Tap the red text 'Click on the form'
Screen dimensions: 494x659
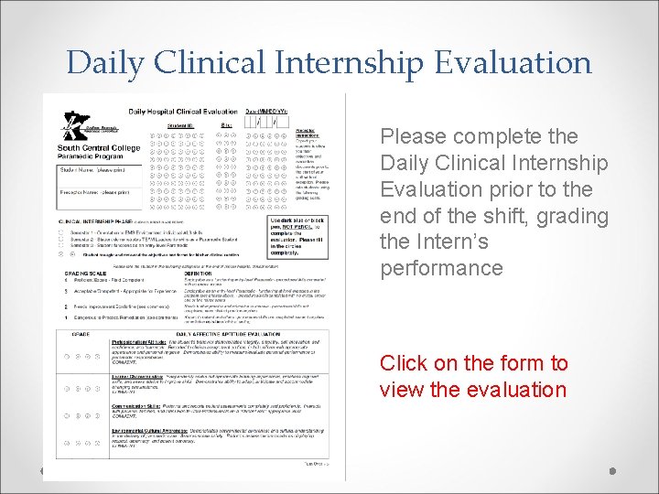[x=474, y=363]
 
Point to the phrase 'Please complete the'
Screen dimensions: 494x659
[x=479, y=136]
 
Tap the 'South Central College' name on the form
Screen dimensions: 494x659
[x=99, y=148]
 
